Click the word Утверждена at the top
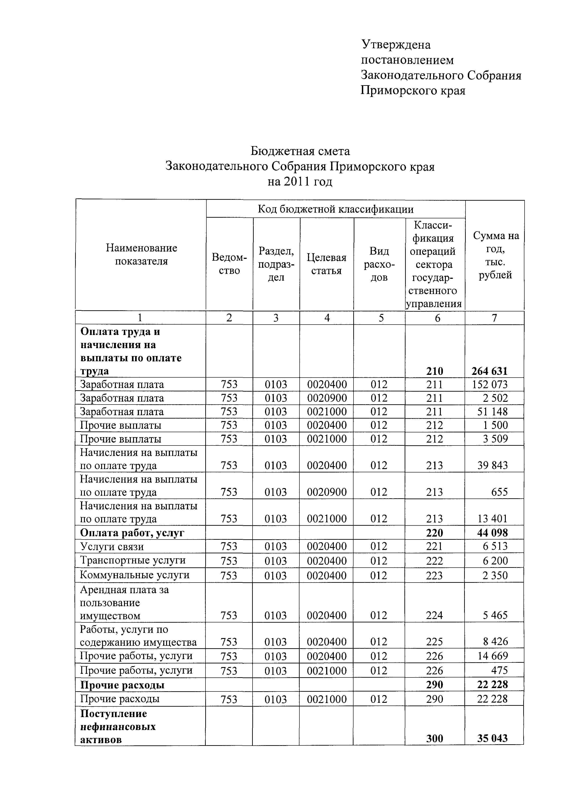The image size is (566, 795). point(396,45)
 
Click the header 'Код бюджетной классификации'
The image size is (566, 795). point(335,209)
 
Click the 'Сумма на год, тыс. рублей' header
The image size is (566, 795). point(495,255)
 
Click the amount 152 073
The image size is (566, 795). point(490,384)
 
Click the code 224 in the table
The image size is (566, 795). point(434,615)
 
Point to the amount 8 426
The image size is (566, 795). point(495,641)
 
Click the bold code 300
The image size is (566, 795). point(435,738)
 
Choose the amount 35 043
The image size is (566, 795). point(492,738)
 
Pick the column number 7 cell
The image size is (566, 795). point(494,318)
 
